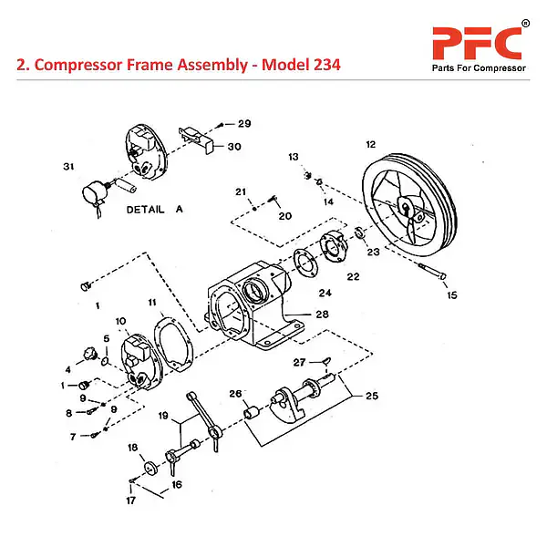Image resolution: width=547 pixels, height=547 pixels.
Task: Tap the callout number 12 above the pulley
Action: (371, 144)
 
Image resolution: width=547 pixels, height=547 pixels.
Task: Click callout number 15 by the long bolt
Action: (451, 294)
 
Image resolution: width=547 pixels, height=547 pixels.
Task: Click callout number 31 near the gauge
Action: (67, 166)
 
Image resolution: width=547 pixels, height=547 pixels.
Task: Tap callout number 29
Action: (243, 123)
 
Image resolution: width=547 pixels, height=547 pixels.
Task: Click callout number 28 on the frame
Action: (322, 315)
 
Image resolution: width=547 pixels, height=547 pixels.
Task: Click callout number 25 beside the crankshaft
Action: (370, 397)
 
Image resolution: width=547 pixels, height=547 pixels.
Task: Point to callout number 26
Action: (234, 394)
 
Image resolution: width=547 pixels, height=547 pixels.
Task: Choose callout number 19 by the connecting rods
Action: (164, 416)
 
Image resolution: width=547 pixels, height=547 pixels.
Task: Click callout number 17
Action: (130, 501)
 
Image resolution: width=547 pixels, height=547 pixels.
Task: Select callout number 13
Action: (294, 158)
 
